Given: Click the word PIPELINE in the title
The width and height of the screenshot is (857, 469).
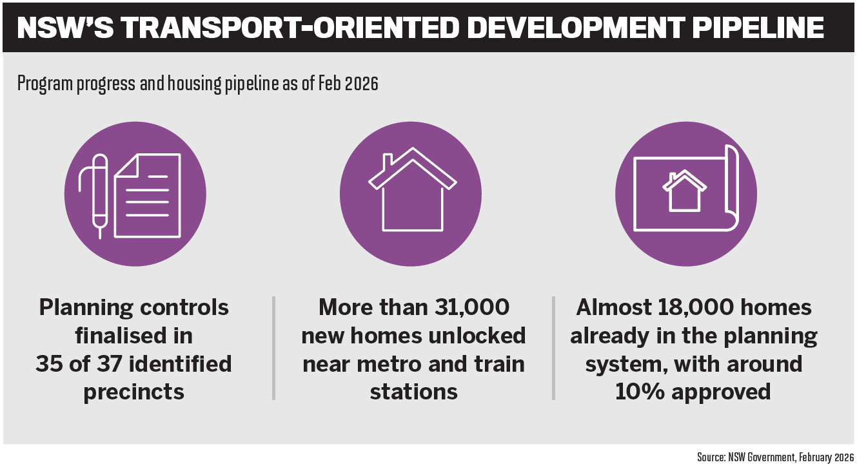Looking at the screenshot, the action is pos(758,28).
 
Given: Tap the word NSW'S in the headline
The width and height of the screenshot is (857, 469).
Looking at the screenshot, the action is pos(65,28).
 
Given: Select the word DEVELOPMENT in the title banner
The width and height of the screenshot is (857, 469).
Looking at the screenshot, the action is pos(575,28).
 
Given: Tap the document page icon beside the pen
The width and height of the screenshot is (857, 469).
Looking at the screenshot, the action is pos(147,196).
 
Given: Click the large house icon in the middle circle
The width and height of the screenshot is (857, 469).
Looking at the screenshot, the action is pos(413,189).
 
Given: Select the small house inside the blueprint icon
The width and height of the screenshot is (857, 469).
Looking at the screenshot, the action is pos(684,191).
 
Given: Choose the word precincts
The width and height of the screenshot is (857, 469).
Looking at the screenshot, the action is pos(134,392).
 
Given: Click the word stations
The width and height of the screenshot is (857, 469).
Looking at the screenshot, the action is pos(413,392).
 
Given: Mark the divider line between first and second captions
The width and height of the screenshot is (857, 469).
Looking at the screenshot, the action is pos(273,348).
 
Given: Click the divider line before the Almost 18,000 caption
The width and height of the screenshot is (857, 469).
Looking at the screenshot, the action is pos(553,348).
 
